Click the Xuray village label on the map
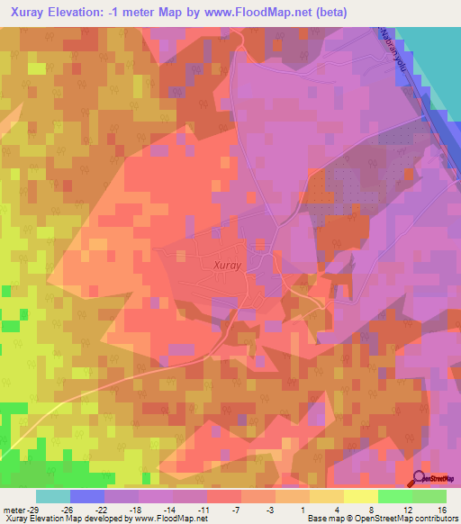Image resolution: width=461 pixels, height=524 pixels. click(x=229, y=265)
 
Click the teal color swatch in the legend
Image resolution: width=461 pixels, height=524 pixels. click(x=53, y=496)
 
